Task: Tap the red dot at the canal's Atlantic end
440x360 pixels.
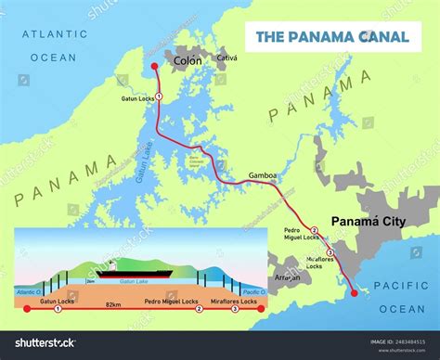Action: (x=154, y=66)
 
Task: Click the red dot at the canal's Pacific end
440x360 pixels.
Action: (x=354, y=293)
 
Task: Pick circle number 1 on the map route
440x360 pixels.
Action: (x=159, y=96)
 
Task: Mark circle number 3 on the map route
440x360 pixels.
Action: (x=330, y=267)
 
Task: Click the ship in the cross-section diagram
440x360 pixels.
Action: (x=130, y=271)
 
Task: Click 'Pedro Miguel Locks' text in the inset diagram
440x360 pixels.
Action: (x=170, y=302)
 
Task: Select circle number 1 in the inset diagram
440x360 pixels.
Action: (x=58, y=309)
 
